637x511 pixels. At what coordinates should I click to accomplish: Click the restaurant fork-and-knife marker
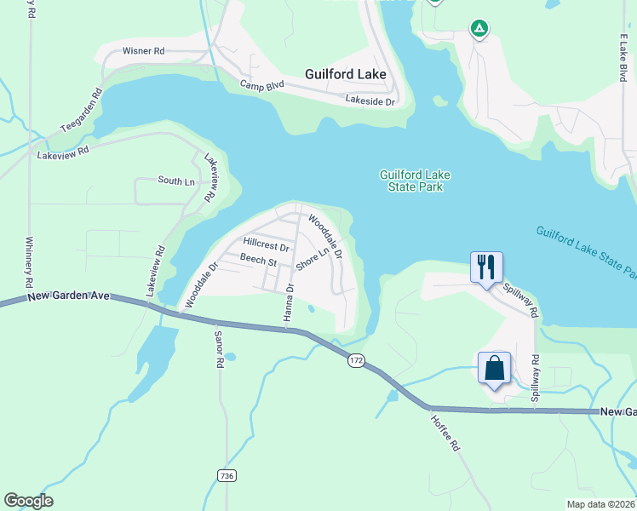pos(486,267)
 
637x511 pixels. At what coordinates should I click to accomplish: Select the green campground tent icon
pos(479,30)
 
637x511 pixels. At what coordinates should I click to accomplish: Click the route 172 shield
pos(356,361)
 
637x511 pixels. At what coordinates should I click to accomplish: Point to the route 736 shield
pos(226,474)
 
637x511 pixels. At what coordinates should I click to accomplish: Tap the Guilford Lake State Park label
pos(415,181)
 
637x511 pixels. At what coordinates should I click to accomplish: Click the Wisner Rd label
pos(143,51)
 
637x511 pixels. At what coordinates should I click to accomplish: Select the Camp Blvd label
pos(261,85)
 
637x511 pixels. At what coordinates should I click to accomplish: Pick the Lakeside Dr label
pos(370,100)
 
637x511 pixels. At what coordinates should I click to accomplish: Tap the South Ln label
pos(176,180)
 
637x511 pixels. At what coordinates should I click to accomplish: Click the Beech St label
pos(259,259)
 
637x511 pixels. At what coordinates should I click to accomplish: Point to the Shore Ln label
pos(313,261)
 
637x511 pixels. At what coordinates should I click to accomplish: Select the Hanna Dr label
pos(290,301)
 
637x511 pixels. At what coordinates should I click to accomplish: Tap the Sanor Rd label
pos(219,349)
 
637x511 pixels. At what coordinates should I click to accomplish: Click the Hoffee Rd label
pos(444,432)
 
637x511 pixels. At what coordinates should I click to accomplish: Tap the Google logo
pos(28,501)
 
